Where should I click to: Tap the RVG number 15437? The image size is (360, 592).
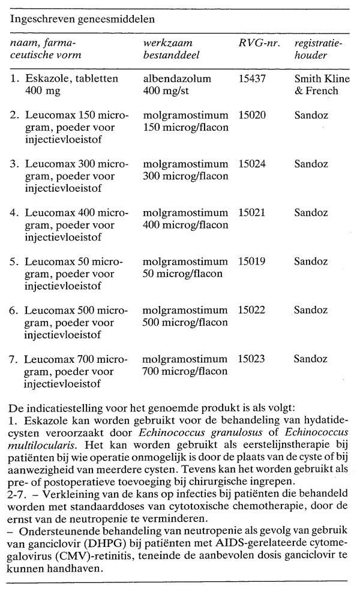[x=251, y=79]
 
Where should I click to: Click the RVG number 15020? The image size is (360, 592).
[x=251, y=114]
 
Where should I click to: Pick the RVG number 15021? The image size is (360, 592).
[x=251, y=213]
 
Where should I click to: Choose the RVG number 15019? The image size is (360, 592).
[x=251, y=262]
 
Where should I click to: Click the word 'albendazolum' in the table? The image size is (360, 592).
[x=171, y=79]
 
